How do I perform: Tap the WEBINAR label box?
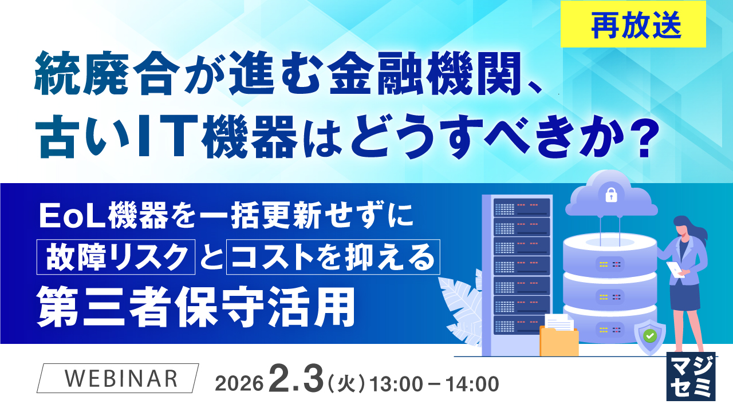click(119, 378)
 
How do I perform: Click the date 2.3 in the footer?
click(294, 380)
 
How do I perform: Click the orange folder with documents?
click(559, 338)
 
